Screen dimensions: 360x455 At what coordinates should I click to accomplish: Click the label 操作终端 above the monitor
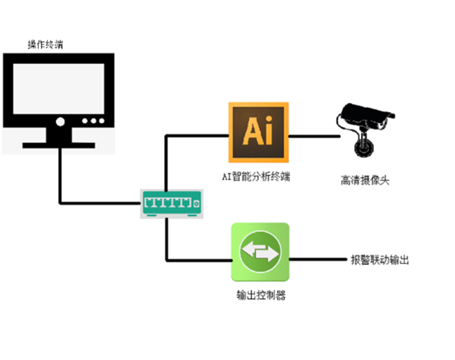(x=45, y=44)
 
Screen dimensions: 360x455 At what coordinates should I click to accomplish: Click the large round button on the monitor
(x=60, y=121)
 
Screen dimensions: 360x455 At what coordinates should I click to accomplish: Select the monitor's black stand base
(x=58, y=145)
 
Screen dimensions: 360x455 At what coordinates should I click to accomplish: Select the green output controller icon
(x=260, y=252)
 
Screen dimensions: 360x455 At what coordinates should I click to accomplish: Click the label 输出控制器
(x=261, y=296)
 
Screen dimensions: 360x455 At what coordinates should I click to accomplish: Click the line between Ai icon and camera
(x=312, y=136)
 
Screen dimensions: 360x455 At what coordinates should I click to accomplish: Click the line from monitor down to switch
(x=60, y=176)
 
